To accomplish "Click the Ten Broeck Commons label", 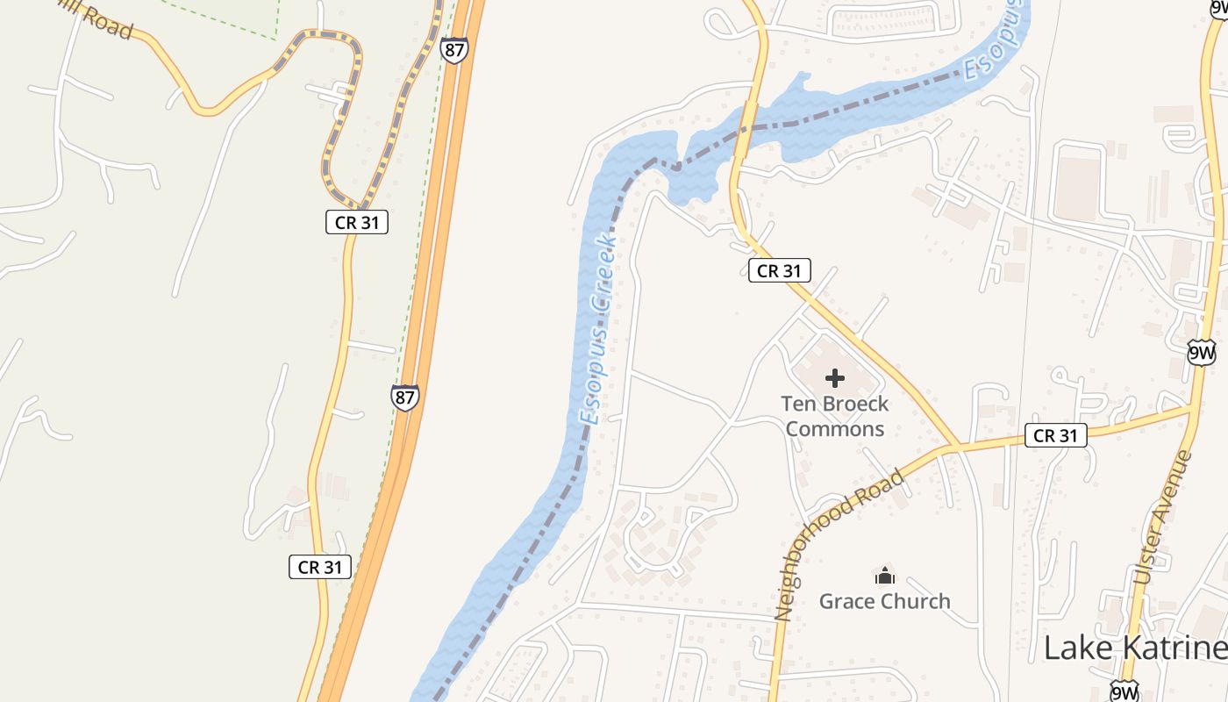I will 834,416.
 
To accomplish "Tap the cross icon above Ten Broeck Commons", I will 835,378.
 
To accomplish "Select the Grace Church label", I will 884,601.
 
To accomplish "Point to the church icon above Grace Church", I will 884,577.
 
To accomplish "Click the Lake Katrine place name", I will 1135,648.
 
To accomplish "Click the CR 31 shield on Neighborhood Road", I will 1055,434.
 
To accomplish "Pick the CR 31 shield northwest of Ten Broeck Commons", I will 779,270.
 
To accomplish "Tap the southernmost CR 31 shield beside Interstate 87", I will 320,567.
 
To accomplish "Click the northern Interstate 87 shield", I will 454,49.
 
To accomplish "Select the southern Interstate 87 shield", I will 405,398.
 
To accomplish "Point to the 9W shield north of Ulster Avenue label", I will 1201,354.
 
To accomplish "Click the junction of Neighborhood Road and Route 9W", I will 1191,408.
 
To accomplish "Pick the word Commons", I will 834,429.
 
